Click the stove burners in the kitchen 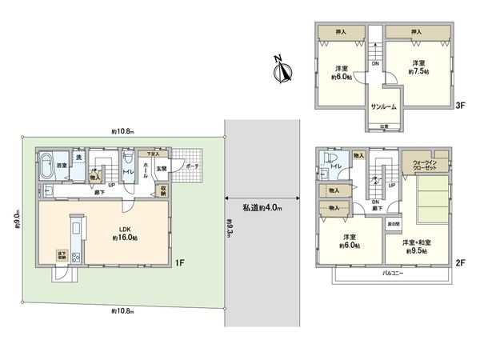[x=77, y=258]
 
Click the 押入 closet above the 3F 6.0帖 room [x=338, y=31]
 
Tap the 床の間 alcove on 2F [x=394, y=226]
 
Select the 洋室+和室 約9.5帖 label [x=418, y=246]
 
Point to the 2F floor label [x=458, y=262]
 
